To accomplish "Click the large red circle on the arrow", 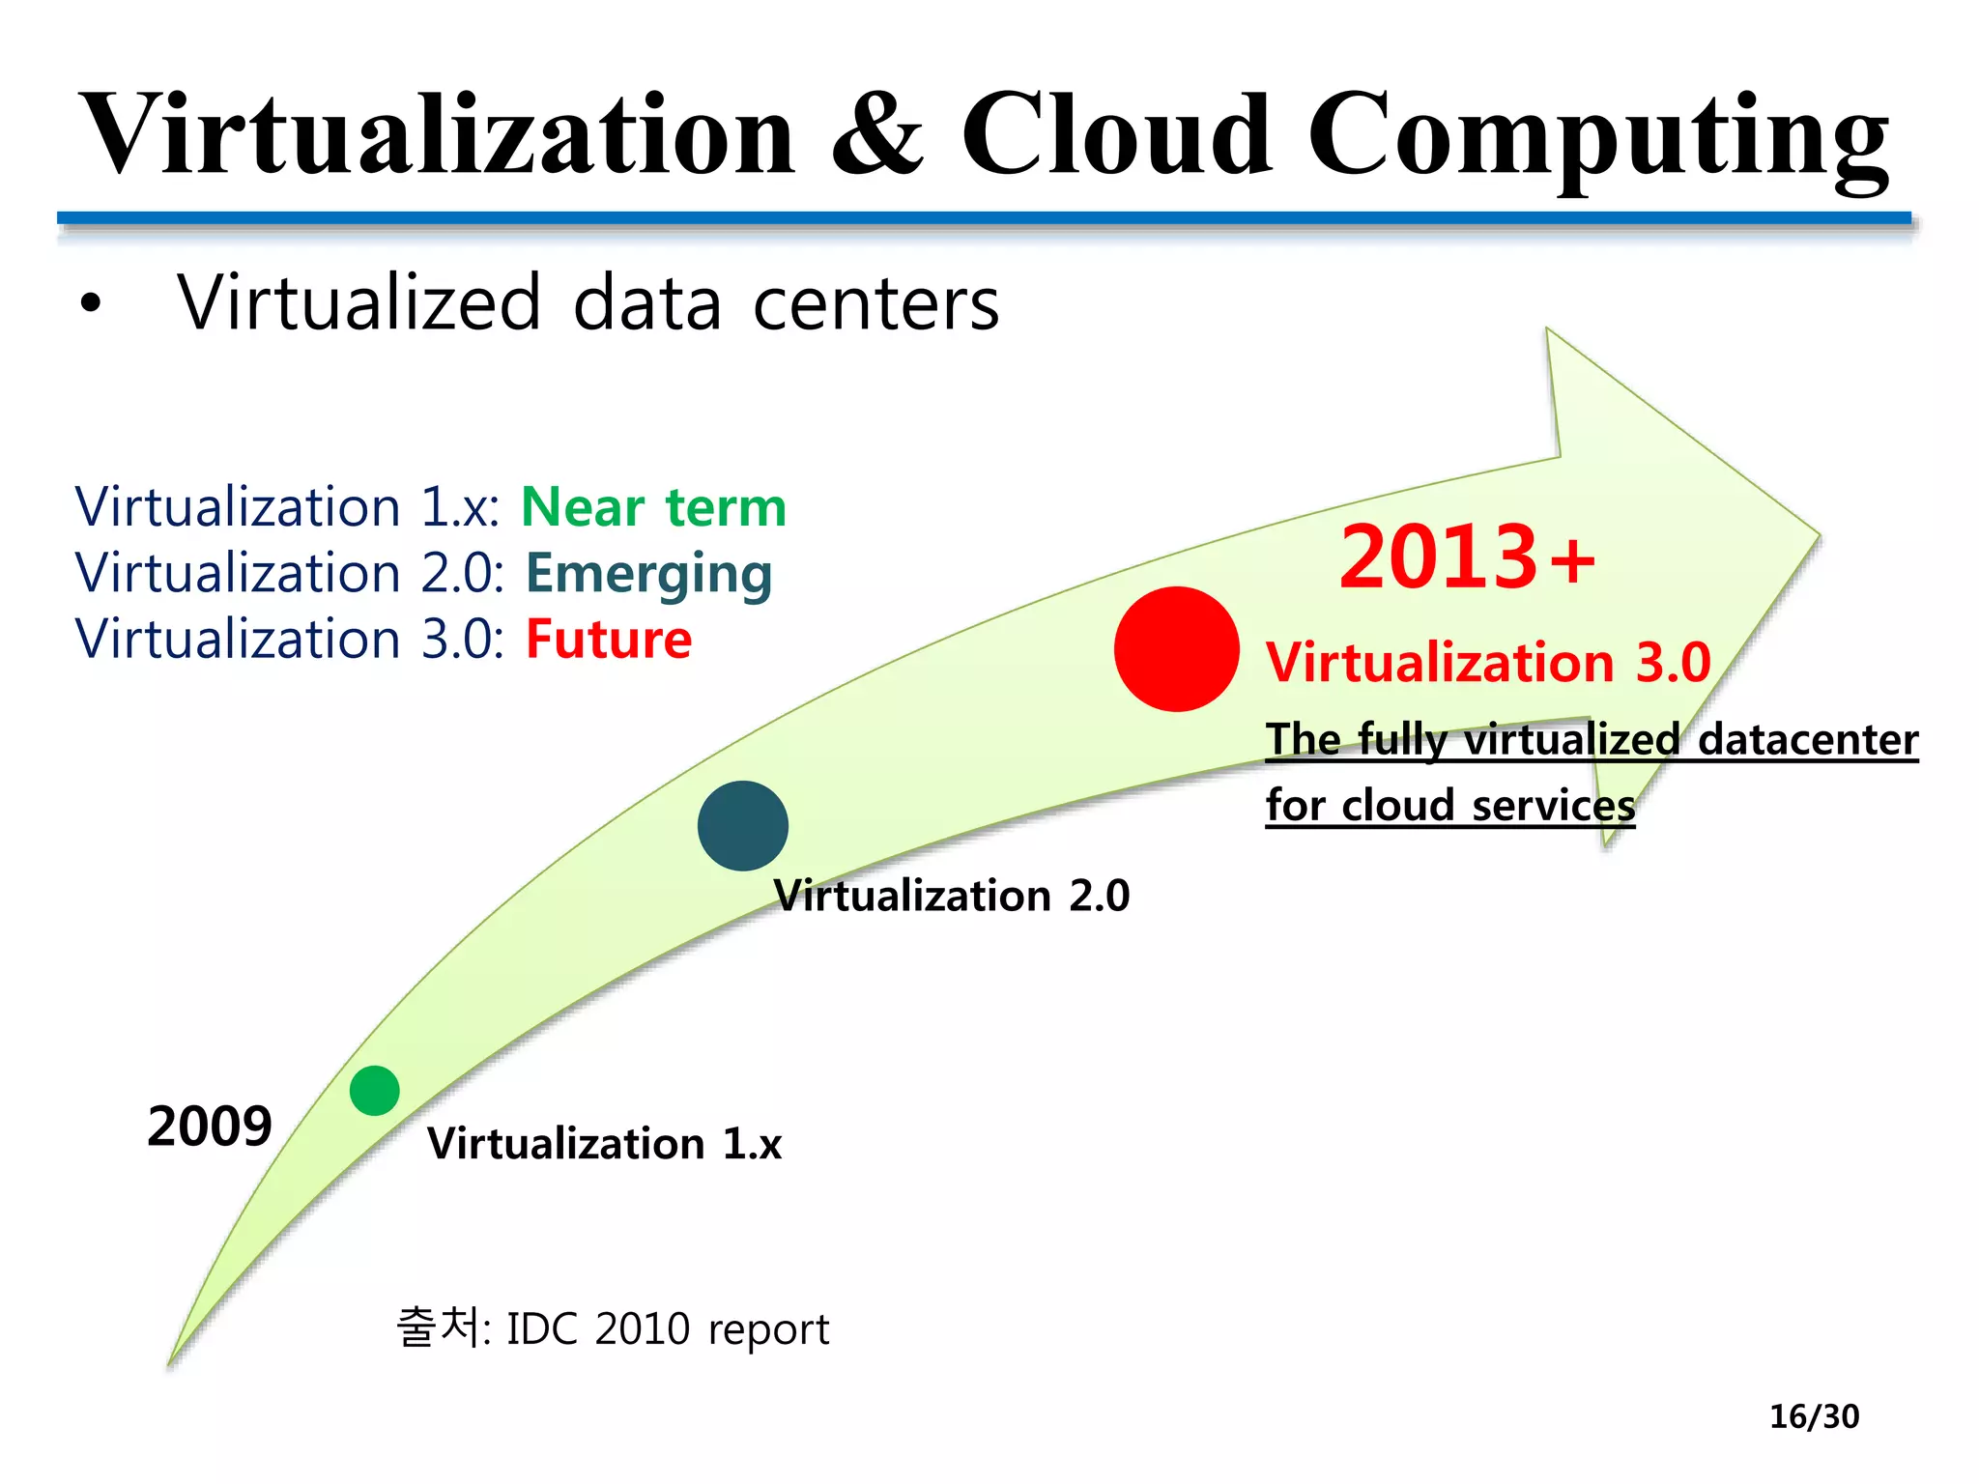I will click(1176, 649).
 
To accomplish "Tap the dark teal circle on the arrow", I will click(742, 826).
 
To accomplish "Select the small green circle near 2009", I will click(375, 1091).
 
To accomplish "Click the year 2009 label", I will click(210, 1127).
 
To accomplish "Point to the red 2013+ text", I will click(1467, 557).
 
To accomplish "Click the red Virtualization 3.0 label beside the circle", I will click(1488, 663).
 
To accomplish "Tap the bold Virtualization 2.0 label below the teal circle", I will click(952, 896).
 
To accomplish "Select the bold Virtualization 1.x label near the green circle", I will click(604, 1144).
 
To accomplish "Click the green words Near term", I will click(654, 507).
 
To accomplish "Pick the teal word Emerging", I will click(648, 575).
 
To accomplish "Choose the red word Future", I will click(609, 640).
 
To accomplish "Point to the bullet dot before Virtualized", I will click(91, 303).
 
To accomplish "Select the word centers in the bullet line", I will click(875, 304).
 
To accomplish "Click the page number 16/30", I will click(1814, 1416).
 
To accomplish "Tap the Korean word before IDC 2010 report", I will click(442, 1327).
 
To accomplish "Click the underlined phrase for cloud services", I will click(1449, 805).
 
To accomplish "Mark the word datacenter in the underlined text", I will click(1807, 740).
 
